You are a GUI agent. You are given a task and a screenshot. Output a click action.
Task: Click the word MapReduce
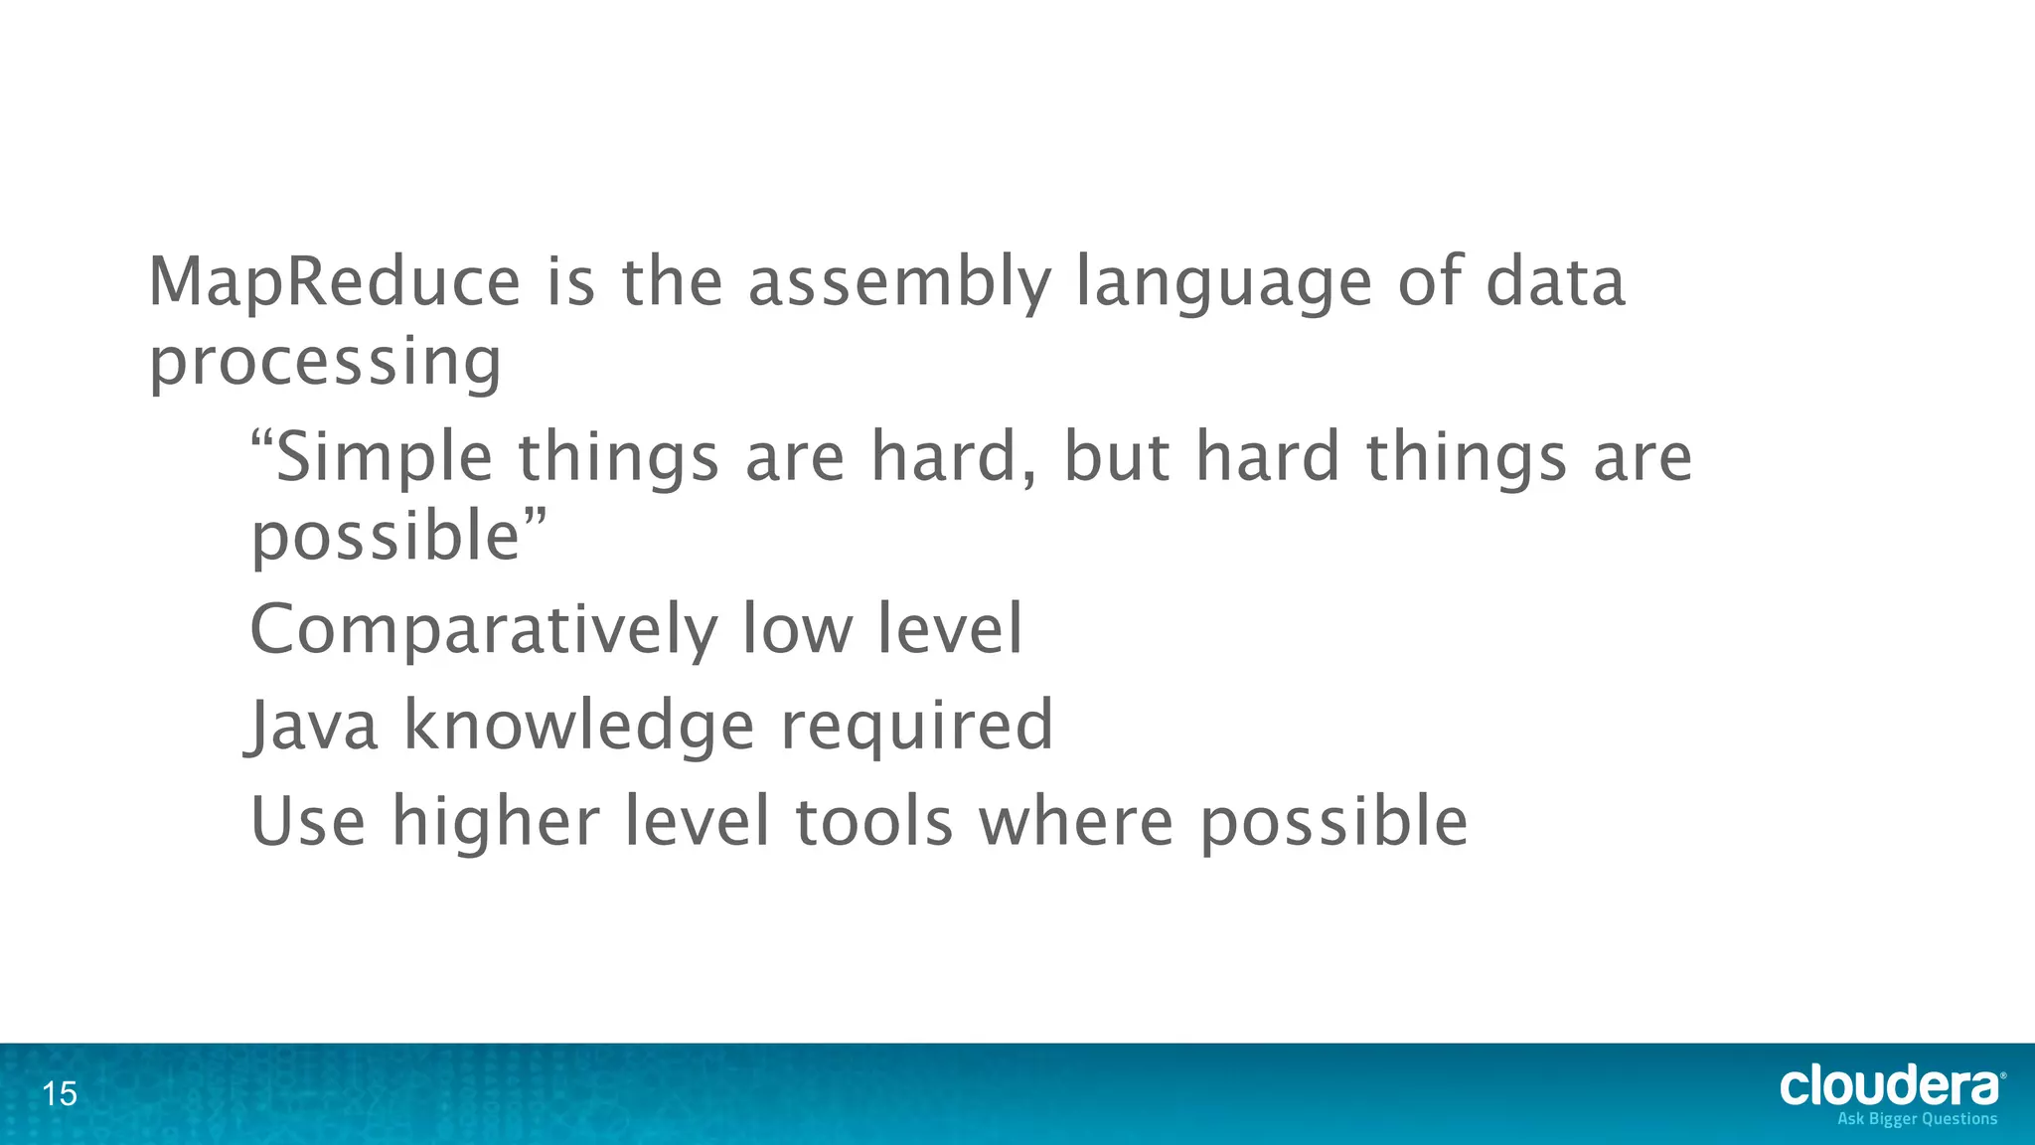point(334,282)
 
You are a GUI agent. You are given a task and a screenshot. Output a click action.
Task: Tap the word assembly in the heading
point(898,282)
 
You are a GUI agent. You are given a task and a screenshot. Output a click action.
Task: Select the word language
point(1224,282)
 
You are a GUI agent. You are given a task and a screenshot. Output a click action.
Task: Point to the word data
point(1555,282)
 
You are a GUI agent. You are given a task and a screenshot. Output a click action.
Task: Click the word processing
point(325,364)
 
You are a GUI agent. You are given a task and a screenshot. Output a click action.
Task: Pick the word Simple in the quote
point(384,458)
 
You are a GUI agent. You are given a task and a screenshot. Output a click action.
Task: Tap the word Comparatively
point(483,632)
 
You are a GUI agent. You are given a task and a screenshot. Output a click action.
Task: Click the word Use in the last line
point(308,822)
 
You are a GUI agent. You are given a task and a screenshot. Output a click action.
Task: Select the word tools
point(874,822)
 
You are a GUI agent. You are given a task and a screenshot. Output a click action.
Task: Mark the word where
point(1076,822)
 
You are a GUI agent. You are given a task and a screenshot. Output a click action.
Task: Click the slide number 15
point(60,1094)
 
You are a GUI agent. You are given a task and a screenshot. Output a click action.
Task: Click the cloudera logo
point(1890,1086)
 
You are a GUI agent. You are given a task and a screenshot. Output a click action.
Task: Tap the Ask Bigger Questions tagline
point(1917,1119)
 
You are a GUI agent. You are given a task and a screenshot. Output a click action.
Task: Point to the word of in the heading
point(1430,282)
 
